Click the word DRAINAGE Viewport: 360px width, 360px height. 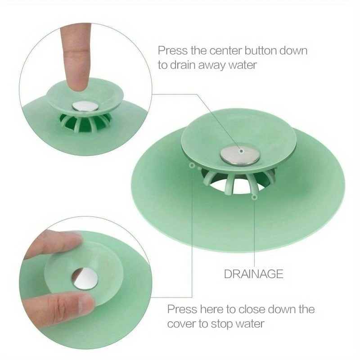click(253, 274)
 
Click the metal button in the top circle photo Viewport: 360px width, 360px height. click(85, 106)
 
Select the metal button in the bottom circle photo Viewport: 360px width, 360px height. click(85, 279)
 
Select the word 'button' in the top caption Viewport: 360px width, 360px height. click(261, 50)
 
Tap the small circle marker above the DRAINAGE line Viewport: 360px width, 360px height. click(254, 197)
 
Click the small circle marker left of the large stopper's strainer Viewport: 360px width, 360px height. click(192, 165)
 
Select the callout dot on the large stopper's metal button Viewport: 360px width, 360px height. click(241, 151)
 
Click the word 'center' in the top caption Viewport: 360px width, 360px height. click(226, 51)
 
